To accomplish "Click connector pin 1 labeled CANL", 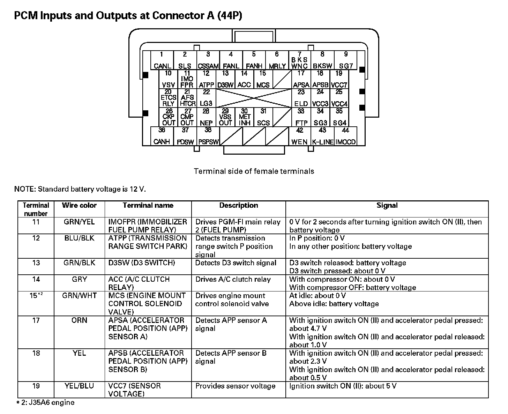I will click(162, 60).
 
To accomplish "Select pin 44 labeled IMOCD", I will click(345, 136).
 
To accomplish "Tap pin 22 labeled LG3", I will click(206, 98).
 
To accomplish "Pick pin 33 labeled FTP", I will click(301, 117).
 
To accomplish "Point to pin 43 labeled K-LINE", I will click(322, 136).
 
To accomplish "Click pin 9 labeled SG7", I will click(345, 60).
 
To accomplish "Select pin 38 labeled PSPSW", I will click(208, 136).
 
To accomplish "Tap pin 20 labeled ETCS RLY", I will click(169, 98).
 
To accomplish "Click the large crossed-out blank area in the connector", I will click(254, 98).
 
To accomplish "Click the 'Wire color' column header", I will click(79, 206).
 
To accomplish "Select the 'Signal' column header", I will click(387, 206).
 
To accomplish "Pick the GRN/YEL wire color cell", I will click(79, 222).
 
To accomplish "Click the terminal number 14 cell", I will click(36, 279).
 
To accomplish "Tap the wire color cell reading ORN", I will click(79, 320).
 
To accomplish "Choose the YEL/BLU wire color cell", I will click(79, 386).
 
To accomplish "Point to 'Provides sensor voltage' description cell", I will click(235, 386).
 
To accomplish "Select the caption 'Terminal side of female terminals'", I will click(254, 171).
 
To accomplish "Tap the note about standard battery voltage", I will click(80, 189).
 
